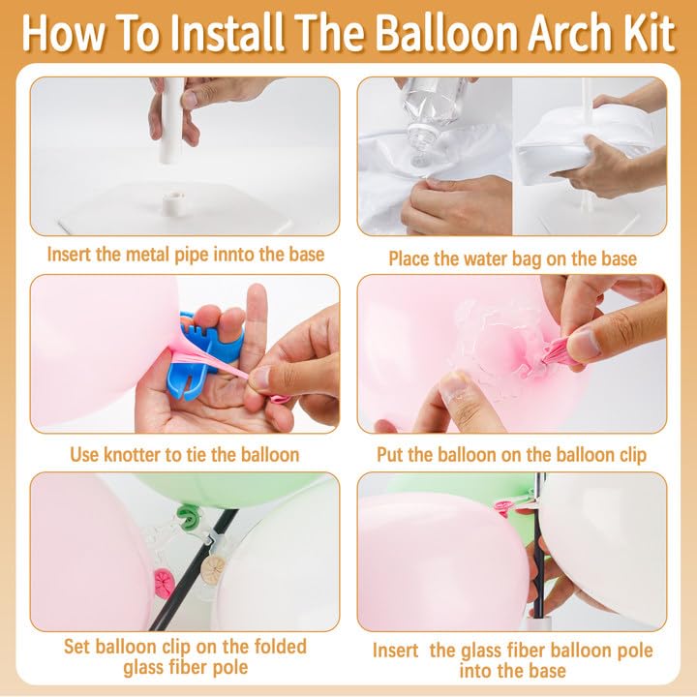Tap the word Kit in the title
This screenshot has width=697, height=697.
(x=653, y=34)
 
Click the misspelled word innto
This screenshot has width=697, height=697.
(x=234, y=255)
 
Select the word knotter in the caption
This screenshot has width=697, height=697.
(x=133, y=455)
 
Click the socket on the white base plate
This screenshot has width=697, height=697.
(x=173, y=204)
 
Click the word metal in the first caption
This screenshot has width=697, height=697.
(x=145, y=255)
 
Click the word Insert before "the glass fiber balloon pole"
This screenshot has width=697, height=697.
(x=396, y=651)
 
